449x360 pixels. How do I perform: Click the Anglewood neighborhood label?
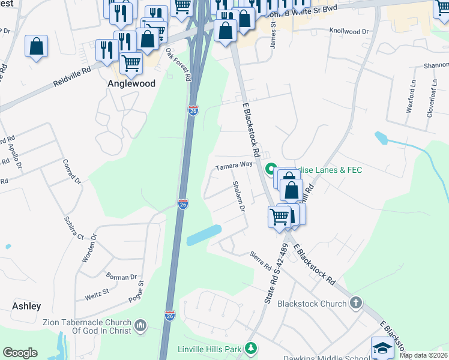click(131, 84)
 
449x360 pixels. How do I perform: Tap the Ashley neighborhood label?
click(26, 306)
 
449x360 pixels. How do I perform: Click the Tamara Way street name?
click(234, 165)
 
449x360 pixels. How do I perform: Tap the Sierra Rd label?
click(262, 263)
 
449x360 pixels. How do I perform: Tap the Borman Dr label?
click(121, 277)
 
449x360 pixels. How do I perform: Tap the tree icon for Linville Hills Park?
click(251, 349)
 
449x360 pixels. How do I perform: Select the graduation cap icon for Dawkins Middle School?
click(382, 348)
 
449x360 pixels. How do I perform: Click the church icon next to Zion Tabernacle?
click(140, 326)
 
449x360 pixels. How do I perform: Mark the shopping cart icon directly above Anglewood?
click(131, 61)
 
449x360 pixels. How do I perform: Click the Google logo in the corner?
click(20, 353)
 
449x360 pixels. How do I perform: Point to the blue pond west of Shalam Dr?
click(203, 235)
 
